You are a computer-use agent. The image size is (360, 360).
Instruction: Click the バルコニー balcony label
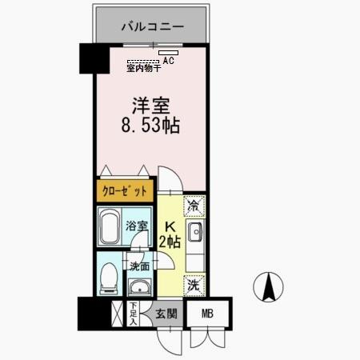tap(153, 27)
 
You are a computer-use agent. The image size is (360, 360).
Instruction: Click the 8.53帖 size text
tap(150, 126)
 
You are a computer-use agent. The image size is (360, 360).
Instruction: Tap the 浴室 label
tap(137, 226)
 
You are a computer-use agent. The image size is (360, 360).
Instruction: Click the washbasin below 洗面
tap(140, 287)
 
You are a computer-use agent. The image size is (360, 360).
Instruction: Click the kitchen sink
tap(197, 234)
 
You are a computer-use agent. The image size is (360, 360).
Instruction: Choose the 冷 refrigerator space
tap(194, 206)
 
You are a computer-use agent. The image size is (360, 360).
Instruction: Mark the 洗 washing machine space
tap(194, 284)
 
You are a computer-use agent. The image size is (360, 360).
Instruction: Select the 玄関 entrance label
tap(166, 314)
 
